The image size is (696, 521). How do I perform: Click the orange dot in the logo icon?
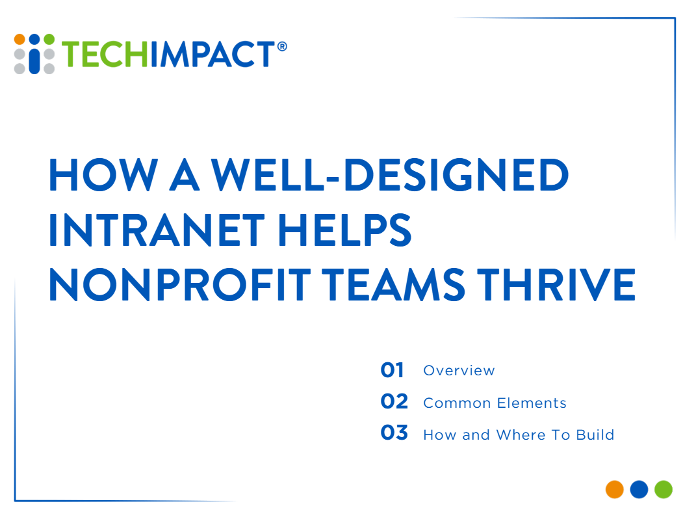(x=19, y=39)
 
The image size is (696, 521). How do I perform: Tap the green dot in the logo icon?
(x=49, y=39)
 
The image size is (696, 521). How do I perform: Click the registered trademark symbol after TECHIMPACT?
(x=282, y=46)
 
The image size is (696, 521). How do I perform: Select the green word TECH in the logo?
(x=105, y=54)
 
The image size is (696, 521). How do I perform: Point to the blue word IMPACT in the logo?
(x=213, y=54)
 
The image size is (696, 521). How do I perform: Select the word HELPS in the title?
(x=345, y=230)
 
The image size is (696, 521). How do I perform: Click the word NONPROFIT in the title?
(x=180, y=284)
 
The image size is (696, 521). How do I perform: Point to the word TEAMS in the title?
(x=393, y=284)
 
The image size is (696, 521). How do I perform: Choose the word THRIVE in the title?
(x=557, y=284)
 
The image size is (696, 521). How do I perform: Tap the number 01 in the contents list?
(x=392, y=370)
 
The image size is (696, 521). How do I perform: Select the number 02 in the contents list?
(x=394, y=401)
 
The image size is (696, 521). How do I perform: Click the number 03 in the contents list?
(x=394, y=433)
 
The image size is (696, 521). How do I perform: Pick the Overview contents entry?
(x=459, y=371)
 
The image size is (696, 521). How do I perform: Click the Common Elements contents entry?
(x=495, y=403)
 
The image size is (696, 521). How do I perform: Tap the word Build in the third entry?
(x=595, y=434)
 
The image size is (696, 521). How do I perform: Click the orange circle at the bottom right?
(x=615, y=490)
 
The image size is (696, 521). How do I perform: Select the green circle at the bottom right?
(x=664, y=490)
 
